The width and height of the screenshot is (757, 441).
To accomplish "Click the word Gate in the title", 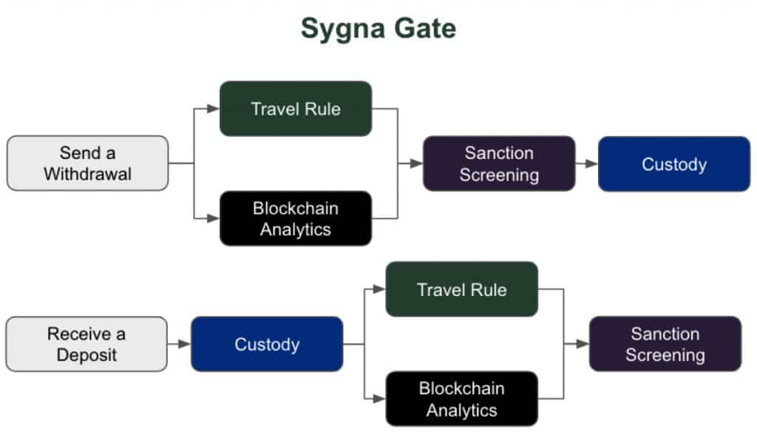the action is point(425,28).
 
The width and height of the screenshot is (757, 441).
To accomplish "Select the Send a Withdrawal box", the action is point(87,164).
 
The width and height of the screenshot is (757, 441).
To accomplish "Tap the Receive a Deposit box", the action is point(86,344).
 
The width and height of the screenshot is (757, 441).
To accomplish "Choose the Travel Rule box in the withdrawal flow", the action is point(296,109).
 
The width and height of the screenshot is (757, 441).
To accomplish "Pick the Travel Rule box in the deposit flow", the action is point(461,289).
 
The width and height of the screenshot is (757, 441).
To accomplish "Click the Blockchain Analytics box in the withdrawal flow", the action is point(296,218).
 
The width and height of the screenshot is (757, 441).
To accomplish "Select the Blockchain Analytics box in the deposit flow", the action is point(461,399).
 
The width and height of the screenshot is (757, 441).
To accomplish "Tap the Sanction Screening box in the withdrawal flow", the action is point(499,164).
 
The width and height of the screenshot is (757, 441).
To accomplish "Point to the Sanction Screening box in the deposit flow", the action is point(665,344).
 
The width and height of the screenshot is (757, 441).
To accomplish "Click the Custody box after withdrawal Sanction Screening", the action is point(674,164).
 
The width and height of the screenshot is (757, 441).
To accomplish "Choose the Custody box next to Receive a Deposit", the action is point(267,344).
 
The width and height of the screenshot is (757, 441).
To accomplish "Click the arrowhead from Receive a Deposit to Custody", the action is point(184,344).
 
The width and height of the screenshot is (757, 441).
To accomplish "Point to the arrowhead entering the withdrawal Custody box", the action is point(592,164).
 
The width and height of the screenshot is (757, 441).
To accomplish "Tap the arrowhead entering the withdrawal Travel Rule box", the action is point(213,109).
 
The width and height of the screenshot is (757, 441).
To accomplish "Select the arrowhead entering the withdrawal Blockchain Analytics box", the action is point(213,218).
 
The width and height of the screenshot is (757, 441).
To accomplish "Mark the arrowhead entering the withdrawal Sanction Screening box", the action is point(417,164).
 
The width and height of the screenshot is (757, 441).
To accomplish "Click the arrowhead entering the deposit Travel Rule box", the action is point(379,289).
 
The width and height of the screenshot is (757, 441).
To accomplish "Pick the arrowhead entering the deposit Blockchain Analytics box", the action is point(379,399).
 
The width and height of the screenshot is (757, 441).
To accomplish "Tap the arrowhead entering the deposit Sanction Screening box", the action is point(583,344).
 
